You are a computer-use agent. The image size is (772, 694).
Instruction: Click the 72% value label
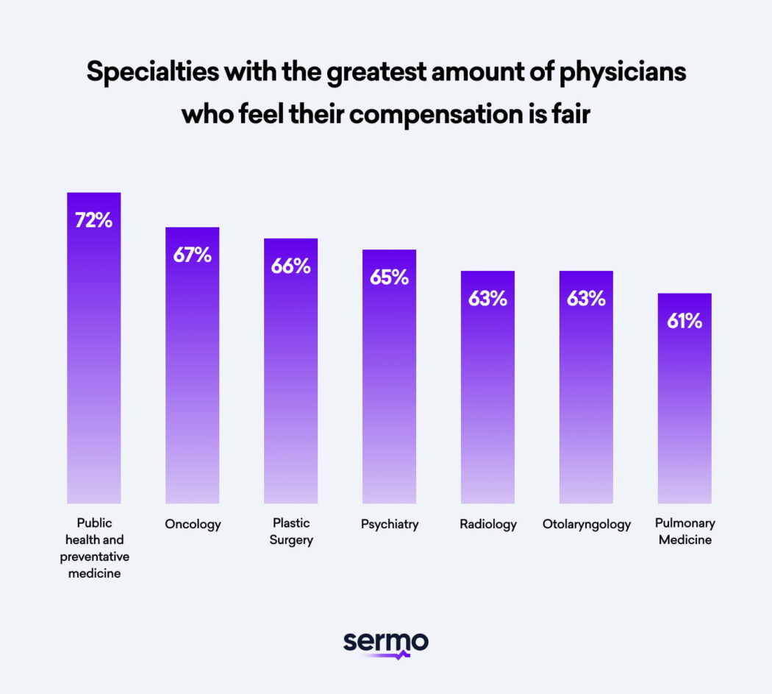coord(93,220)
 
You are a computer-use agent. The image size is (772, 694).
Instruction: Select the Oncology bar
coord(192,368)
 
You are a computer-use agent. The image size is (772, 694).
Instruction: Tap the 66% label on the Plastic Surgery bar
coord(290,266)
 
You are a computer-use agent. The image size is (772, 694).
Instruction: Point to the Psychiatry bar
coord(389,383)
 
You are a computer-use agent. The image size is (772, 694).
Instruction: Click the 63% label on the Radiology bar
coord(487,299)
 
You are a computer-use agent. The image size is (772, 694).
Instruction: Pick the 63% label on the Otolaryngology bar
coord(586,299)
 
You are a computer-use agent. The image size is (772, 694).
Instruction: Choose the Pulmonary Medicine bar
coord(685,405)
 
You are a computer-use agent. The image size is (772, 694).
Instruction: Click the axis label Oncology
coord(193,525)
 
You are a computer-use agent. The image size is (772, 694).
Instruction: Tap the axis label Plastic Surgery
coord(291,531)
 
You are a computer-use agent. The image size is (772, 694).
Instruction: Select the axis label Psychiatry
coord(390,525)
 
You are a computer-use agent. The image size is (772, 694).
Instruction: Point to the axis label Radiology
coord(488,525)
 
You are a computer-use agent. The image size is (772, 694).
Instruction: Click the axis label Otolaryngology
coord(587,525)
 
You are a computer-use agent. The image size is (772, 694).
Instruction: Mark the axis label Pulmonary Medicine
coord(685,531)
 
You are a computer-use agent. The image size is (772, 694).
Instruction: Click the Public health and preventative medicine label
coord(94,548)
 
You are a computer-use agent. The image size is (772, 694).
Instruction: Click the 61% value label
coord(685,321)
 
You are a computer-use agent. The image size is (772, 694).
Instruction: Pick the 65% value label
coord(389,277)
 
